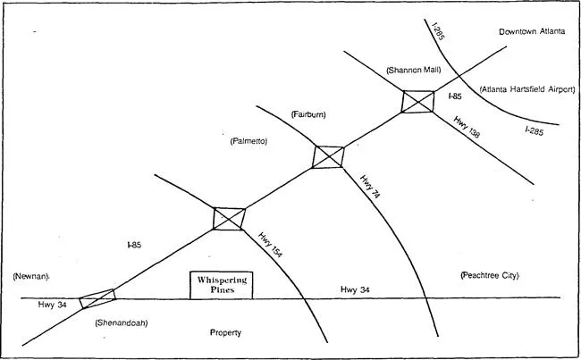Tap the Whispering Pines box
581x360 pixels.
coord(222,285)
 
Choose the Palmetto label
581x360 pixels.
coord(248,141)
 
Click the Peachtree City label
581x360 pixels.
coord(488,275)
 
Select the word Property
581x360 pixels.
coord(226,332)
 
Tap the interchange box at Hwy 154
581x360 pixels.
coord(228,219)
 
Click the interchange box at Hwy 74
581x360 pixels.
coord(328,157)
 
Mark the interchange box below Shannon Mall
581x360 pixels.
coord(417,101)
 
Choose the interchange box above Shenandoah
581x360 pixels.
coord(97,298)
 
